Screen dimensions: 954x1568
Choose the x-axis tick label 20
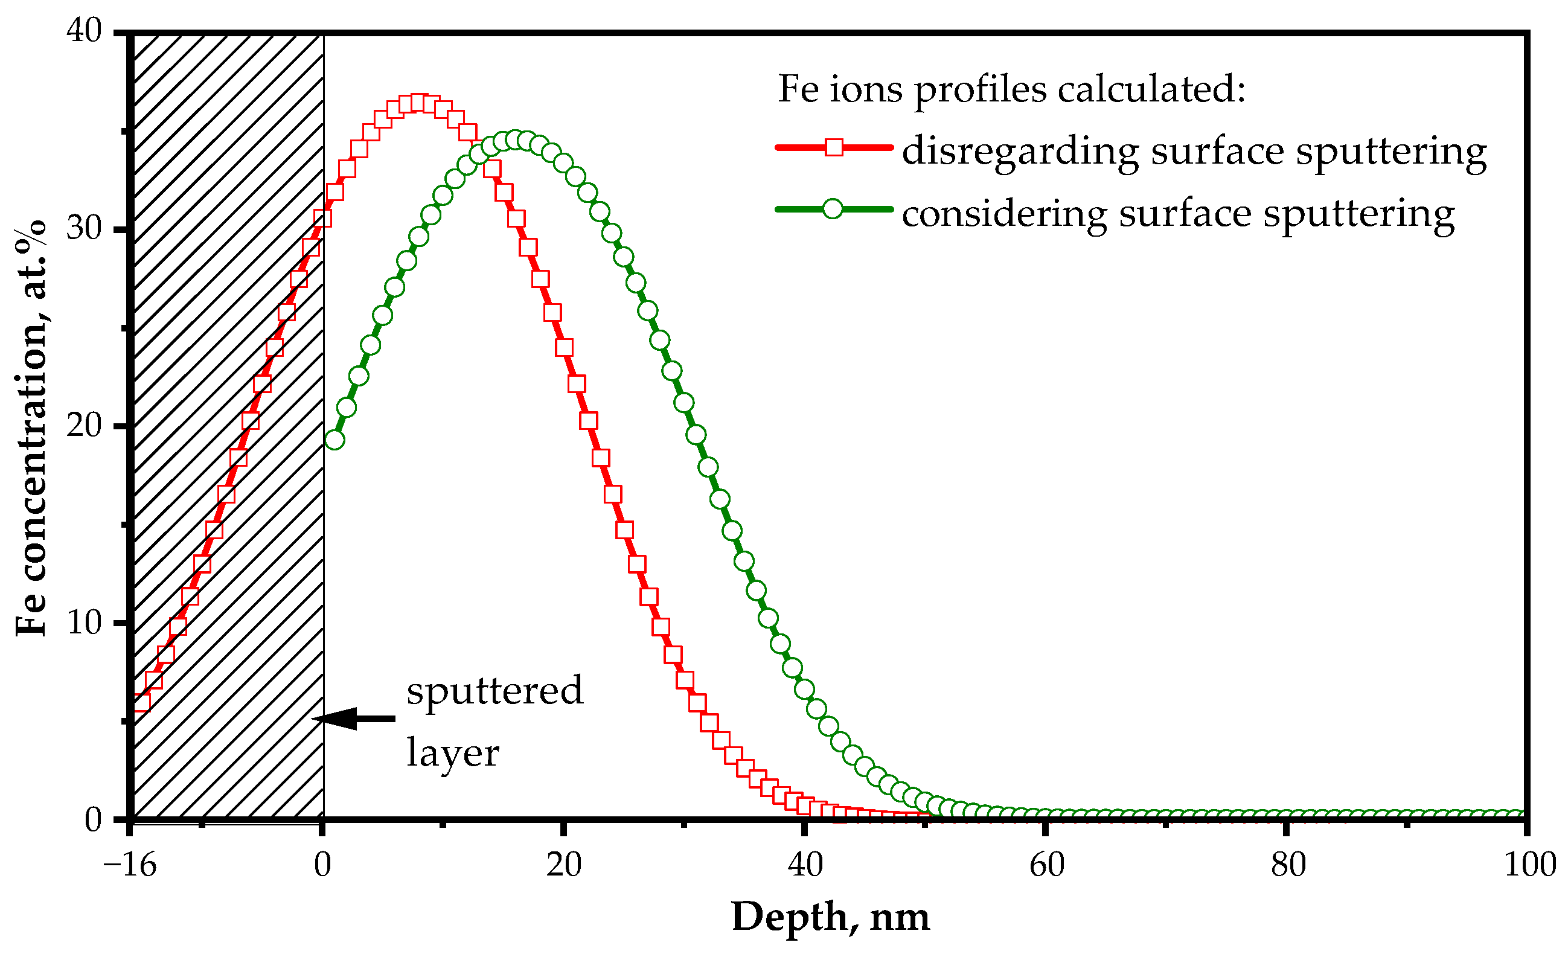564,865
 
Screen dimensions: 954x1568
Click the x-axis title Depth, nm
830,917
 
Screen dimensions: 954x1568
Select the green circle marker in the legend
833,209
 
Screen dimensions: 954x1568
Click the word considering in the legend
1004,213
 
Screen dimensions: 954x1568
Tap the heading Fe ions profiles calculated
1011,89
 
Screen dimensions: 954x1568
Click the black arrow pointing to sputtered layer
354,719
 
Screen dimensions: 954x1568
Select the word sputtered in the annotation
494,691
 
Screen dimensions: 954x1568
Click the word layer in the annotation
452,754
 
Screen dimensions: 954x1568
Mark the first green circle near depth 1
334,440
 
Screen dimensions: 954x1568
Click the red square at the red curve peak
418,103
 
